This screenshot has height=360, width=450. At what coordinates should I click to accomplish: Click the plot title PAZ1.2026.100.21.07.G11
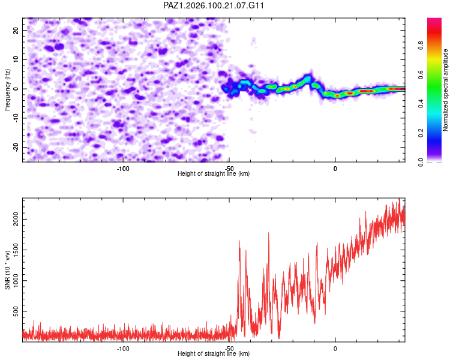click(x=213, y=5)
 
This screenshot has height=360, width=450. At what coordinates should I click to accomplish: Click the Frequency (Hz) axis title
click(x=7, y=90)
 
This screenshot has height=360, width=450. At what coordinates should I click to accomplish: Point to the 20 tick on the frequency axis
click(x=16, y=30)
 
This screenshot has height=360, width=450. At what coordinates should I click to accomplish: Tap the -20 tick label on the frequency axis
click(x=16, y=147)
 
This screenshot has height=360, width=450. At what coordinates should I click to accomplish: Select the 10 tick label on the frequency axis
click(x=16, y=59)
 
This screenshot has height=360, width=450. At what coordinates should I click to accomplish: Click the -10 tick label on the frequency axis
click(x=16, y=118)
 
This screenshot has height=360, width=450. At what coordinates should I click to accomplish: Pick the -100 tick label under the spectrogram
click(x=123, y=169)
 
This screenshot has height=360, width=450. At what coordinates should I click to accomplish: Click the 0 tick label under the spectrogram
click(x=335, y=169)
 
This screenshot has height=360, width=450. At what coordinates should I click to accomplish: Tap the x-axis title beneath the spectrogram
click(x=214, y=173)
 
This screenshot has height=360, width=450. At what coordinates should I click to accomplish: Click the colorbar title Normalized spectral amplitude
click(x=445, y=90)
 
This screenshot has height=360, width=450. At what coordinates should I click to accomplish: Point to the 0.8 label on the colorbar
click(x=421, y=46)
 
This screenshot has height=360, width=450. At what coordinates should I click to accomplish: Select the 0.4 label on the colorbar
click(x=421, y=104)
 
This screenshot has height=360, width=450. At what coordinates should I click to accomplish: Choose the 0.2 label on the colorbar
click(x=421, y=133)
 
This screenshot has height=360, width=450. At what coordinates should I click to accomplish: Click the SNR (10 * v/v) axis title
click(x=7, y=270)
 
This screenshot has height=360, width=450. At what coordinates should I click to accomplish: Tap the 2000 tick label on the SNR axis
click(x=16, y=220)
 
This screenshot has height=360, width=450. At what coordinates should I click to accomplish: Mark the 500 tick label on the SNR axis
click(x=16, y=311)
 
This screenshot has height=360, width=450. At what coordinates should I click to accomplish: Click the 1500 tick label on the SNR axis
click(x=16, y=250)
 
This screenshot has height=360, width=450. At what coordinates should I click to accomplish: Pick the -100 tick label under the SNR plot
click(x=123, y=349)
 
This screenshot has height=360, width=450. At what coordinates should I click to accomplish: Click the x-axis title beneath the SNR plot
click(x=214, y=353)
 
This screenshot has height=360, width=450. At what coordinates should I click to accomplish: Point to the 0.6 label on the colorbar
click(x=421, y=74)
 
